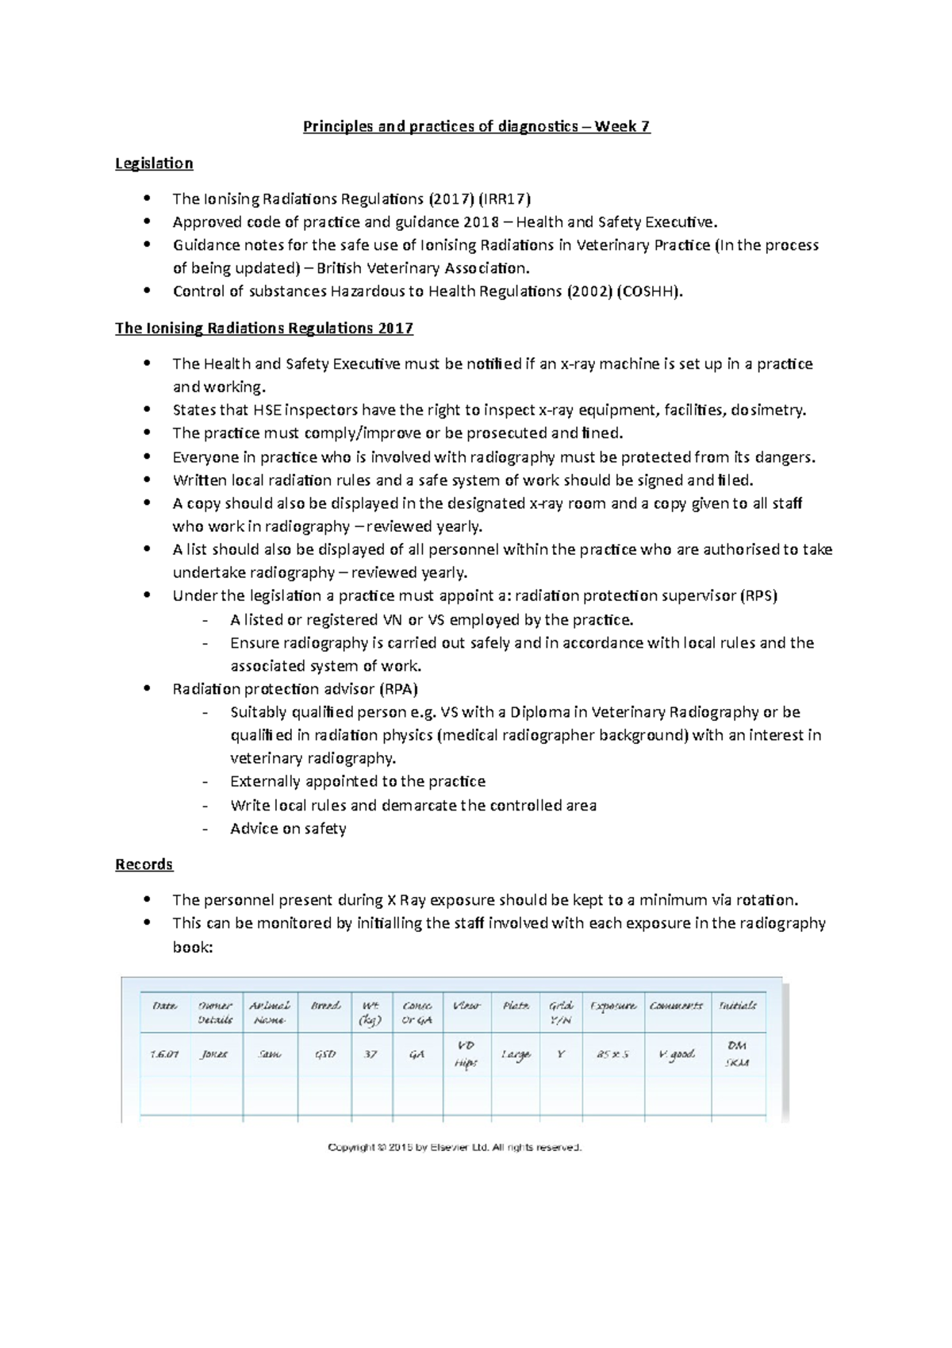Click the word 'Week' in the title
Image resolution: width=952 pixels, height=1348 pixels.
pyautogui.click(x=616, y=126)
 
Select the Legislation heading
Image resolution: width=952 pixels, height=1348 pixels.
pyautogui.click(x=154, y=164)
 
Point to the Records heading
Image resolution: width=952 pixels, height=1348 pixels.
pyautogui.click(x=144, y=865)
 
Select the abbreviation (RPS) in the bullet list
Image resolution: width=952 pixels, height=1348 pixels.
pyautogui.click(x=758, y=596)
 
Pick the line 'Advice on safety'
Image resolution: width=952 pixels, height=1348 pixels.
pyautogui.click(x=288, y=829)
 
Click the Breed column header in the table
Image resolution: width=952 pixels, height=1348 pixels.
pyautogui.click(x=325, y=1006)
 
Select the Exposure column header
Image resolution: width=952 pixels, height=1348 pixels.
pyautogui.click(x=612, y=1006)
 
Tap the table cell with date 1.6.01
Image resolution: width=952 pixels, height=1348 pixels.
pyautogui.click(x=164, y=1054)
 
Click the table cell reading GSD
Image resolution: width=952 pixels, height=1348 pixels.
pyautogui.click(x=325, y=1054)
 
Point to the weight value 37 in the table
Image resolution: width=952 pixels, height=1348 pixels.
pyautogui.click(x=370, y=1054)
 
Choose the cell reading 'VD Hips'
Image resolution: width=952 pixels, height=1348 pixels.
pyautogui.click(x=466, y=1054)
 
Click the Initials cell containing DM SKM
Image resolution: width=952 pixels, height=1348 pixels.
pyautogui.click(x=737, y=1054)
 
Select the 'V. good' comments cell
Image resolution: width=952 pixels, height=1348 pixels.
pyautogui.click(x=677, y=1054)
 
